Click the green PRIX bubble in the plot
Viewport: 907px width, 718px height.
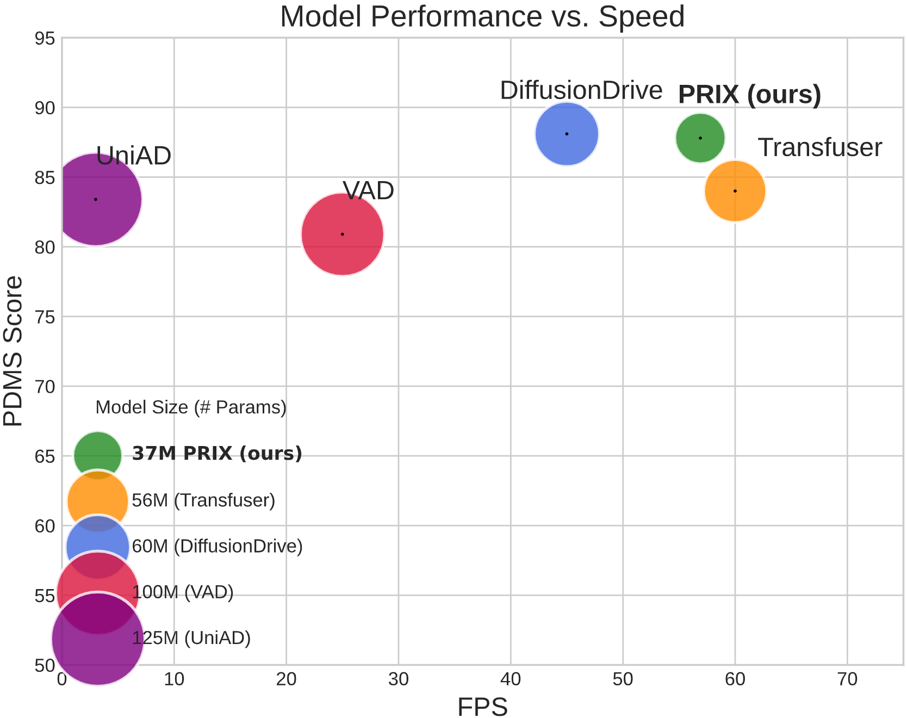tap(700, 138)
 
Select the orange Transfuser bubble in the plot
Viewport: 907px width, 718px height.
tap(735, 191)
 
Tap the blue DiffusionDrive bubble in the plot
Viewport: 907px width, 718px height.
tap(567, 134)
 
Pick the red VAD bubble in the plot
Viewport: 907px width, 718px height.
tap(342, 234)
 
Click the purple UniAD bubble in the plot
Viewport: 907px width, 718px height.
tap(96, 200)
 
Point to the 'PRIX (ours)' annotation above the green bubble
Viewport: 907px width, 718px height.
tap(749, 95)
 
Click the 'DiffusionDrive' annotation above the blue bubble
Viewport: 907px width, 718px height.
tap(581, 90)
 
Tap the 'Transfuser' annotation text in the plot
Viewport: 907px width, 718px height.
tap(819, 147)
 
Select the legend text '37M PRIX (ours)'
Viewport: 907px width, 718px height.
tap(217, 453)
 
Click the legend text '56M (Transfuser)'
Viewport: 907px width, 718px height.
tap(203, 500)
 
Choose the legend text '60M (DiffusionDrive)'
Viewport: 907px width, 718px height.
tap(217, 546)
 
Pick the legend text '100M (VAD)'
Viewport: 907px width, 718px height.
tap(183, 592)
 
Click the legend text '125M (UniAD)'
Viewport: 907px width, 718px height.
tap(191, 637)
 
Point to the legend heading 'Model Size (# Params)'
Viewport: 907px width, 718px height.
tap(191, 407)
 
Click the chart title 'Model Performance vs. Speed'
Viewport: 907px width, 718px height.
tap(482, 16)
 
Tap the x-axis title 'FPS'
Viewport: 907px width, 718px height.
tap(482, 707)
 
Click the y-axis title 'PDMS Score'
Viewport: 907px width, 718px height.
tap(13, 351)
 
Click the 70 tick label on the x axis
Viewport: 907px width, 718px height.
tap(847, 679)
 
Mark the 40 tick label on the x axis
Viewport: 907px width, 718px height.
tap(511, 679)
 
